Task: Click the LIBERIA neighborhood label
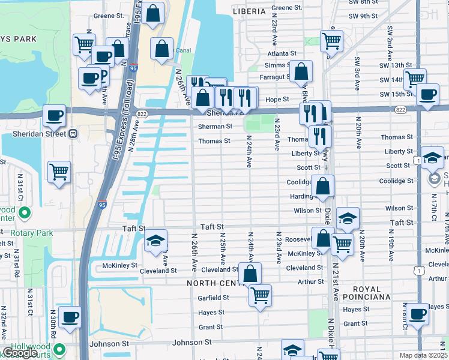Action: point(249,11)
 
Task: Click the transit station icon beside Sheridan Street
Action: point(73,134)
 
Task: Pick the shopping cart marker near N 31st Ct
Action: point(59,172)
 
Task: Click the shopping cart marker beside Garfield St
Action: point(260,295)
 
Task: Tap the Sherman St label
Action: point(215,127)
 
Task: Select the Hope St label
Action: point(277,99)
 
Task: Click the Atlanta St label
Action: point(282,53)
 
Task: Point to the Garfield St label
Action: point(213,298)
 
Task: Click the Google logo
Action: point(20,353)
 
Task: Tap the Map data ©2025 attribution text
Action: point(423,355)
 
